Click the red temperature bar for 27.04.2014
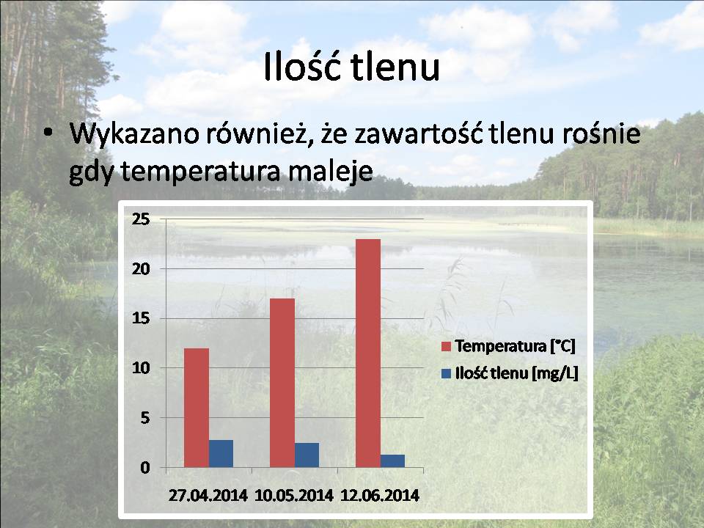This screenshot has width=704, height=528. pos(197,408)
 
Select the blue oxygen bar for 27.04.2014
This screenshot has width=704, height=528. pos(221,453)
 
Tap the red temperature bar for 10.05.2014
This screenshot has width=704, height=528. pos(282,383)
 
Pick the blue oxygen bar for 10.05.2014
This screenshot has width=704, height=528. pos(307,455)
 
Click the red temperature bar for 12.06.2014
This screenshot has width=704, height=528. pos(368,353)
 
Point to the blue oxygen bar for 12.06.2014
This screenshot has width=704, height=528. pos(393,461)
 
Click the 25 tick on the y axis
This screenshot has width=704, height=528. pos(141,219)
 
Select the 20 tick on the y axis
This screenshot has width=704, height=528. pos(141,269)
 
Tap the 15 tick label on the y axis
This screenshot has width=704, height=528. pos(141,318)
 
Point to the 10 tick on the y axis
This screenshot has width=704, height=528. pos(141,368)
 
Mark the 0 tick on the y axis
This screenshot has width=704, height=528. pos(145,468)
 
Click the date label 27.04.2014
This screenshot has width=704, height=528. pos(208,495)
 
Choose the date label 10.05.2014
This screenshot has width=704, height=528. pos(294,495)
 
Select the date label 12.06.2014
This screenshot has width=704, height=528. pos(380,495)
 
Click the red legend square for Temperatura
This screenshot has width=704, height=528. pos(446,346)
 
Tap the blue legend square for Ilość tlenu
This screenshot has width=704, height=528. pos(446,373)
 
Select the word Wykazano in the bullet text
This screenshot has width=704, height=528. pos(134,133)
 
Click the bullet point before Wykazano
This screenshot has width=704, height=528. pos(48,133)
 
